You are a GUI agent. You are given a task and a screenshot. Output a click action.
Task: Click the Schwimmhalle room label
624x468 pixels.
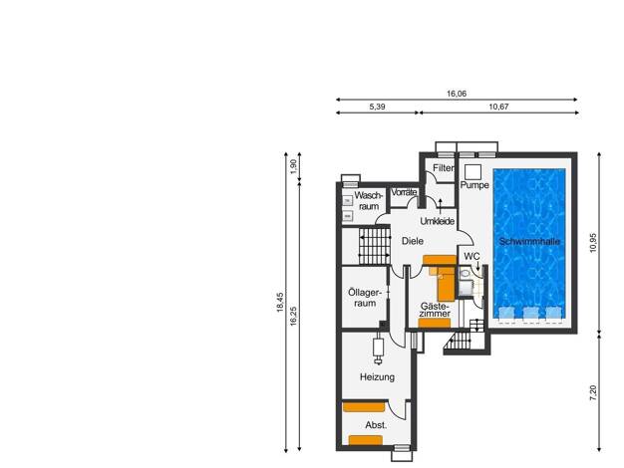click(x=529, y=241)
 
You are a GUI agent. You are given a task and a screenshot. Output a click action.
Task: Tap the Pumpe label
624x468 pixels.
click(x=474, y=185)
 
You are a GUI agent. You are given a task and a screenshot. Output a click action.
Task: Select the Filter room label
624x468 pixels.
click(x=444, y=168)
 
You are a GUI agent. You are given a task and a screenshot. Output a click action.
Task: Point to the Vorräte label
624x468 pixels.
click(x=404, y=192)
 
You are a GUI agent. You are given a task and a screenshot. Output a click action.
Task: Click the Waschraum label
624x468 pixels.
click(x=368, y=201)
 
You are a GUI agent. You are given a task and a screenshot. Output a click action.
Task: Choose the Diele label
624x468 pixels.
click(x=413, y=241)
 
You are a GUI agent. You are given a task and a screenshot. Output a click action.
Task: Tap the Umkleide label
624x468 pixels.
click(x=438, y=221)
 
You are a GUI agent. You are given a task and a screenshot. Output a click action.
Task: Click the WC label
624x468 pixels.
click(x=471, y=257)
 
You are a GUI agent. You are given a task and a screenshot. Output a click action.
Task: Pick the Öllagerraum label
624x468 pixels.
click(x=365, y=298)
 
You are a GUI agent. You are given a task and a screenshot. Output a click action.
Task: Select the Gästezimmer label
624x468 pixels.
click(x=435, y=310)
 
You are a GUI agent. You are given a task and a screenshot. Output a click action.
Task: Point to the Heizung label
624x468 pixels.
click(x=377, y=377)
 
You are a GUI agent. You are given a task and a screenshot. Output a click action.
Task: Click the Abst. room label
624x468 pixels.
click(x=376, y=425)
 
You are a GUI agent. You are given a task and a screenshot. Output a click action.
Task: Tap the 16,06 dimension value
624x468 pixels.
click(x=457, y=94)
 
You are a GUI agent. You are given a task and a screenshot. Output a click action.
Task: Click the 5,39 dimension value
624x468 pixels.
click(x=377, y=107)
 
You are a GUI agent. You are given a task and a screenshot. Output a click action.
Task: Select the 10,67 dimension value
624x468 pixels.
click(x=498, y=107)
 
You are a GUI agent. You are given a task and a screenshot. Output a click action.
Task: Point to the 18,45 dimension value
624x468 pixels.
click(x=280, y=302)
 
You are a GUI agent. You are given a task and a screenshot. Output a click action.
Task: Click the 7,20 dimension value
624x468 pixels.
click(x=593, y=393)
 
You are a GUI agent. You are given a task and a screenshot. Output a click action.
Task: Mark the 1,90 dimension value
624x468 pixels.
click(x=293, y=166)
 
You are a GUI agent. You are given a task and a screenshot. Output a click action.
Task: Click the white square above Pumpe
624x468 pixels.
click(x=472, y=172)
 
